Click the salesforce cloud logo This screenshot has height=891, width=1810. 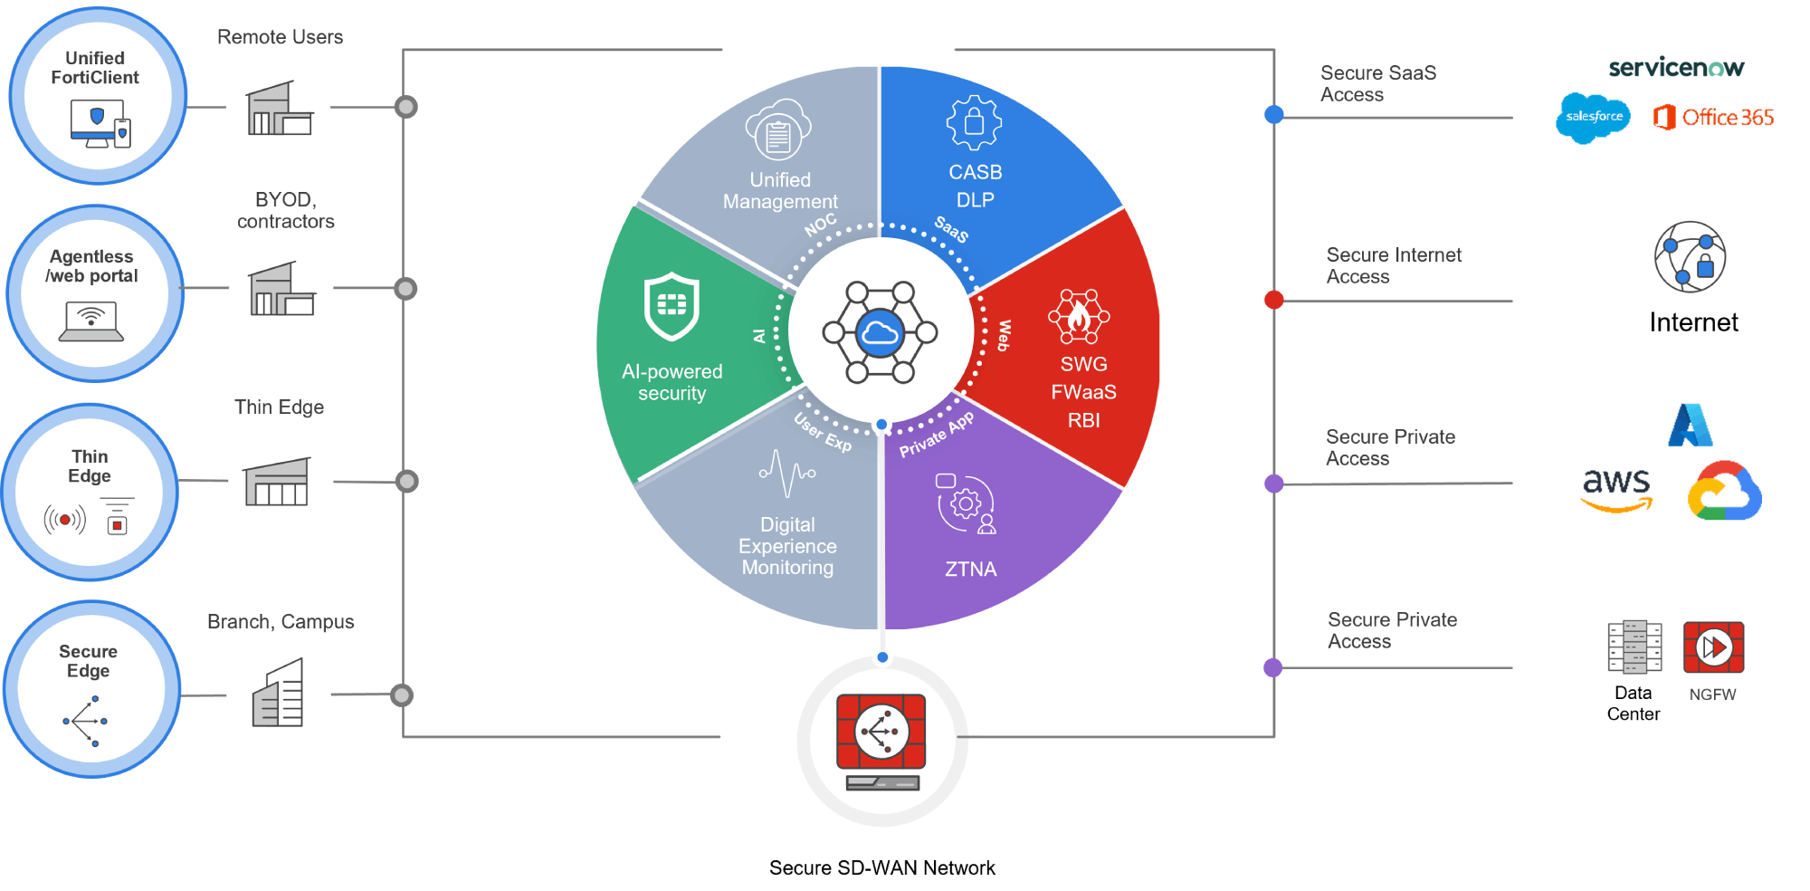(1593, 118)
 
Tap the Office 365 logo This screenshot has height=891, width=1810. (1713, 118)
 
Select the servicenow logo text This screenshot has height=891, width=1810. (1676, 67)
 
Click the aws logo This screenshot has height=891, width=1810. (1616, 489)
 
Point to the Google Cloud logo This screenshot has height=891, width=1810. (1724, 492)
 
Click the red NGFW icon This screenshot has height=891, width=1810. (1713, 647)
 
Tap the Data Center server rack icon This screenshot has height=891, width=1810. (1634, 647)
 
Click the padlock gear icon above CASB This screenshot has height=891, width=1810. (974, 122)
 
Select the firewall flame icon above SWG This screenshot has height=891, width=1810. (1078, 316)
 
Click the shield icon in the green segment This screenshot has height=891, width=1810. (672, 306)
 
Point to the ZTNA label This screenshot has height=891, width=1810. (970, 570)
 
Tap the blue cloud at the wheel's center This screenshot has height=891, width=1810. (880, 333)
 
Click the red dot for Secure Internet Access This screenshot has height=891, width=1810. (1273, 300)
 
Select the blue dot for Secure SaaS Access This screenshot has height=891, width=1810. (1273, 114)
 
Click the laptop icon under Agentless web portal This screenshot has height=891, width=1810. (91, 322)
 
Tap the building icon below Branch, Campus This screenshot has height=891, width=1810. (278, 695)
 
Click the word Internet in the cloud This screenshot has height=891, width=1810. (1693, 322)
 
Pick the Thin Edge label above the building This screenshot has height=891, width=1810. (279, 407)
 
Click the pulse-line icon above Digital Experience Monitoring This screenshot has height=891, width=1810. (786, 472)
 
